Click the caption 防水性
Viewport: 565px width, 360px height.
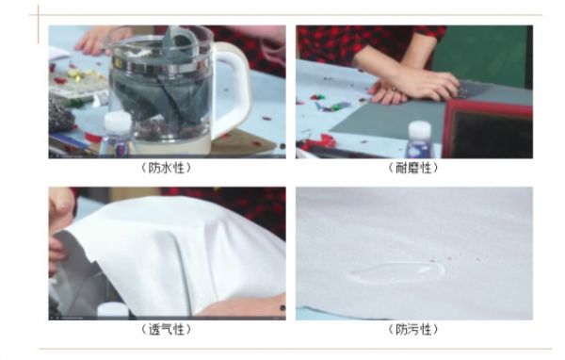point(166,168)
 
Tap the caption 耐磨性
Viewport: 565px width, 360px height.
point(413,168)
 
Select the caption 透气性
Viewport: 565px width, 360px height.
point(166,329)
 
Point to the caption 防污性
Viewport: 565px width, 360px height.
point(413,329)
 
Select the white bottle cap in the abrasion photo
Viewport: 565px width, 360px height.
point(419,131)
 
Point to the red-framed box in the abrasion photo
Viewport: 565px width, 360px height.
point(487,129)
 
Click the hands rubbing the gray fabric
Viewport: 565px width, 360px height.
point(414,87)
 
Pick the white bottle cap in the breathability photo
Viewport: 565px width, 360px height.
point(112,311)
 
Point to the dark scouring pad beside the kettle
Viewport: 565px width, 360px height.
point(60,115)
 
